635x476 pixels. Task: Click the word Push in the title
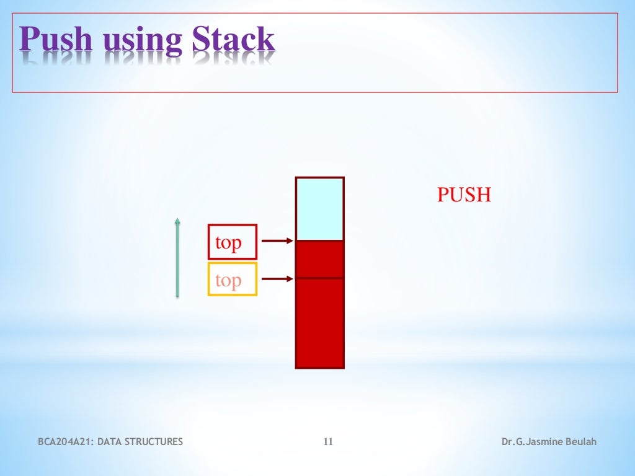click(56, 40)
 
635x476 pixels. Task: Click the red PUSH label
click(464, 195)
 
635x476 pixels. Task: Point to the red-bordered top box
click(232, 242)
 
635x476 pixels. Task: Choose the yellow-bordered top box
click(232, 280)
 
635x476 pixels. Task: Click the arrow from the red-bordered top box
click(277, 241)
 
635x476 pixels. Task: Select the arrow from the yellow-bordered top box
click(277, 279)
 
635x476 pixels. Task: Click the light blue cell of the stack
click(319, 209)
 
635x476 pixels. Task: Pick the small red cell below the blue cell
click(319, 259)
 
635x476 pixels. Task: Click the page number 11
click(328, 442)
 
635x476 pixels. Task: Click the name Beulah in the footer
click(580, 442)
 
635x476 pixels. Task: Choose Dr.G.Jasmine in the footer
click(531, 442)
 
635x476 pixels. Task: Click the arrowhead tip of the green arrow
click(177, 219)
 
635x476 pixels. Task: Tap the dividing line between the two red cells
click(319, 278)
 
